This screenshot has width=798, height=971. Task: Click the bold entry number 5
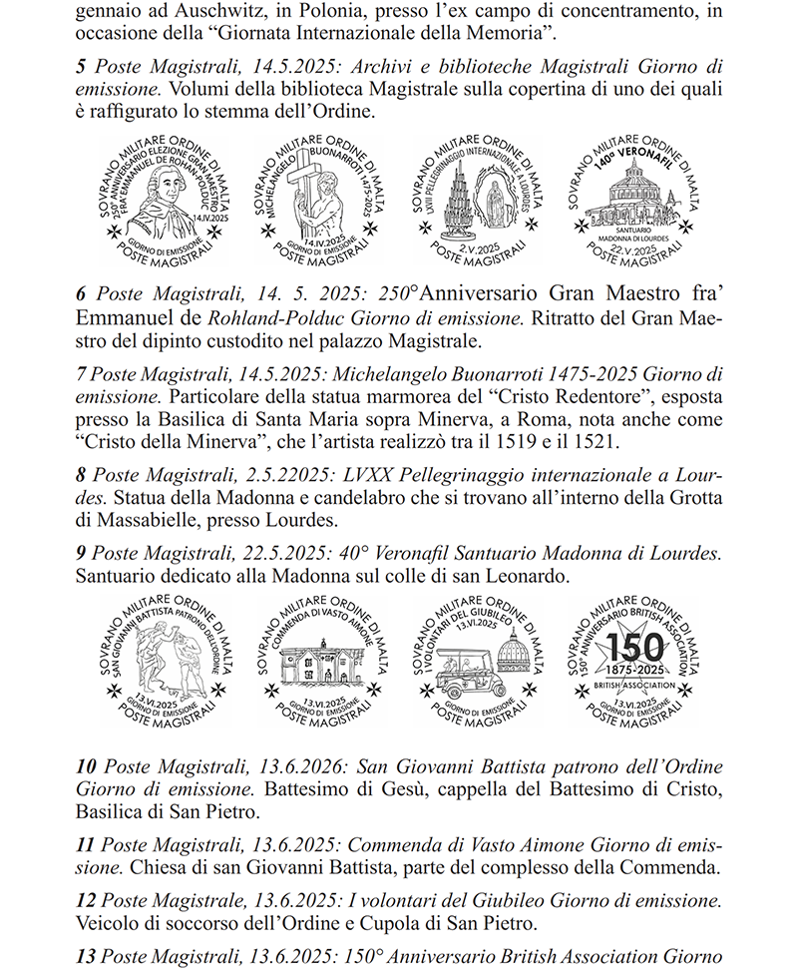[81, 67]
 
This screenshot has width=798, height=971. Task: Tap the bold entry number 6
[81, 294]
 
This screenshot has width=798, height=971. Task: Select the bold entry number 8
[81, 474]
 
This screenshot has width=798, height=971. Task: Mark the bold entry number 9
[81, 551]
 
